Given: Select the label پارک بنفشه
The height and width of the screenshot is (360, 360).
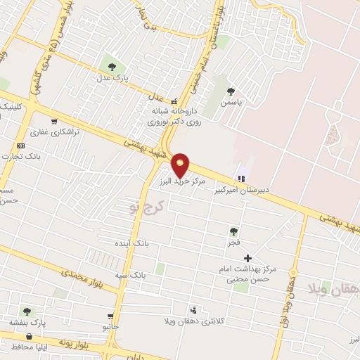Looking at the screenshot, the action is tap(27, 323).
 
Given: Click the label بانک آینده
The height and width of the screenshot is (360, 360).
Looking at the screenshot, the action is tap(132, 243).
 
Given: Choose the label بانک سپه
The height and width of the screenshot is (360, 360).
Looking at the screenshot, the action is tap(131, 275).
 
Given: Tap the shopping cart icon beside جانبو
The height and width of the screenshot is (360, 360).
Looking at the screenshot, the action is tap(110, 316).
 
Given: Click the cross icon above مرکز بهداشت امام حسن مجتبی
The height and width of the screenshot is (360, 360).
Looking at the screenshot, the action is tap(247, 258).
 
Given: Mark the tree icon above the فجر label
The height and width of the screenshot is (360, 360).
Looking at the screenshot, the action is tap(233, 231).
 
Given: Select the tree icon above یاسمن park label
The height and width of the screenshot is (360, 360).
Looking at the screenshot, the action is tap(231, 91).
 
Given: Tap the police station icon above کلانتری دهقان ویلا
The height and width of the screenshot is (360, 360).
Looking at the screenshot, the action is tap(193, 309).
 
